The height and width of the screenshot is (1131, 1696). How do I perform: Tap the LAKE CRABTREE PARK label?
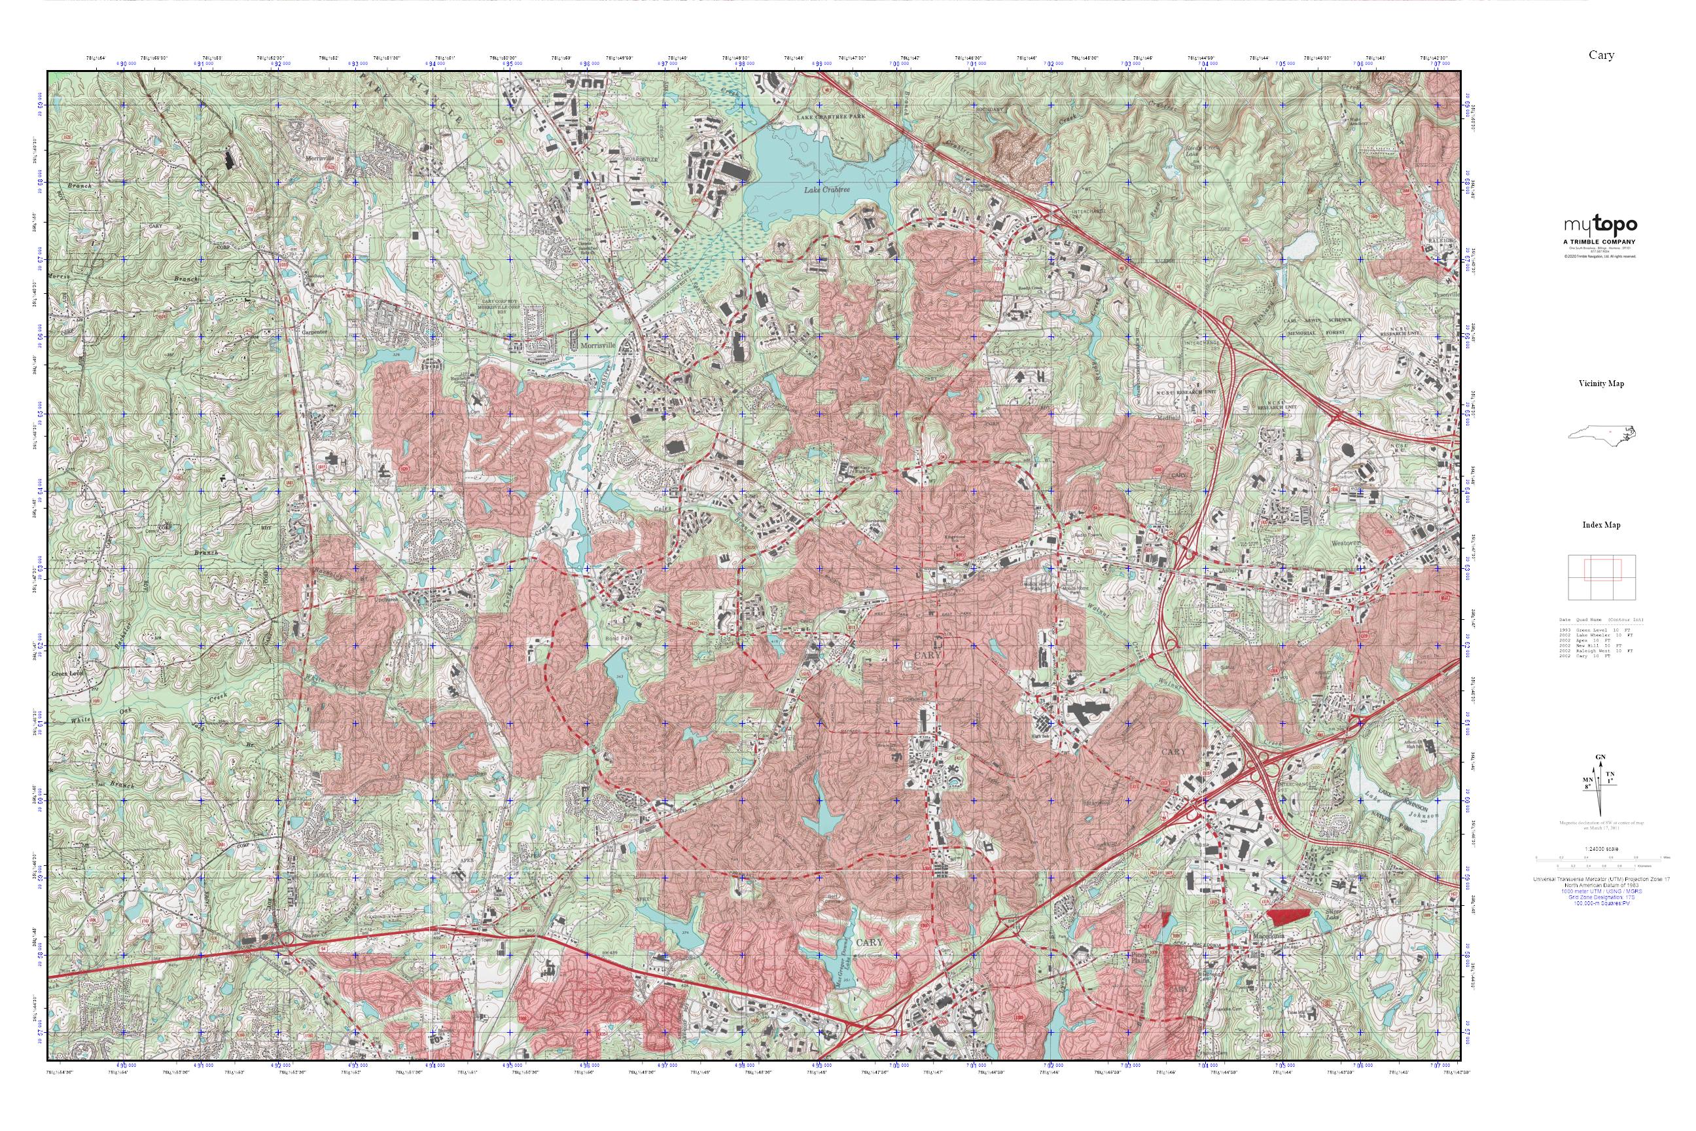(830, 116)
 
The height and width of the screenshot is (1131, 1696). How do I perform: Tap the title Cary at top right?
(1601, 56)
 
